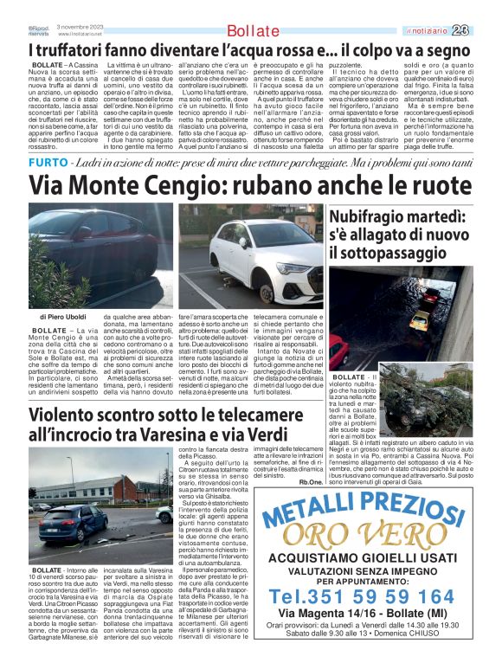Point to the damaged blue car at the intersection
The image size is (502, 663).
[74, 525]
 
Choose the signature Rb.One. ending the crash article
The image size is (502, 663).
[312, 481]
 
